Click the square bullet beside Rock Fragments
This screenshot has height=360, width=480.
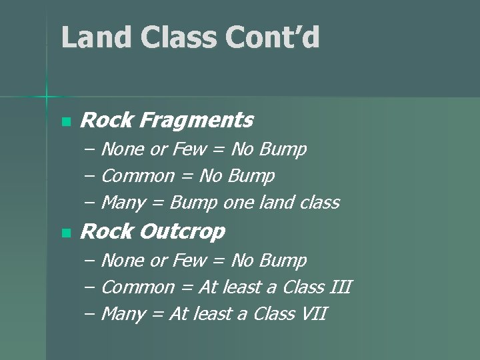(x=65, y=122)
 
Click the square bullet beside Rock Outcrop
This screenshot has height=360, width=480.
(x=65, y=233)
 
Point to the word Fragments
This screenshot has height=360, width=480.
(x=197, y=121)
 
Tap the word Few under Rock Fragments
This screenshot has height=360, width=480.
(x=189, y=149)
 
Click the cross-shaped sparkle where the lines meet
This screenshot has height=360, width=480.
(x=47, y=97)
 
